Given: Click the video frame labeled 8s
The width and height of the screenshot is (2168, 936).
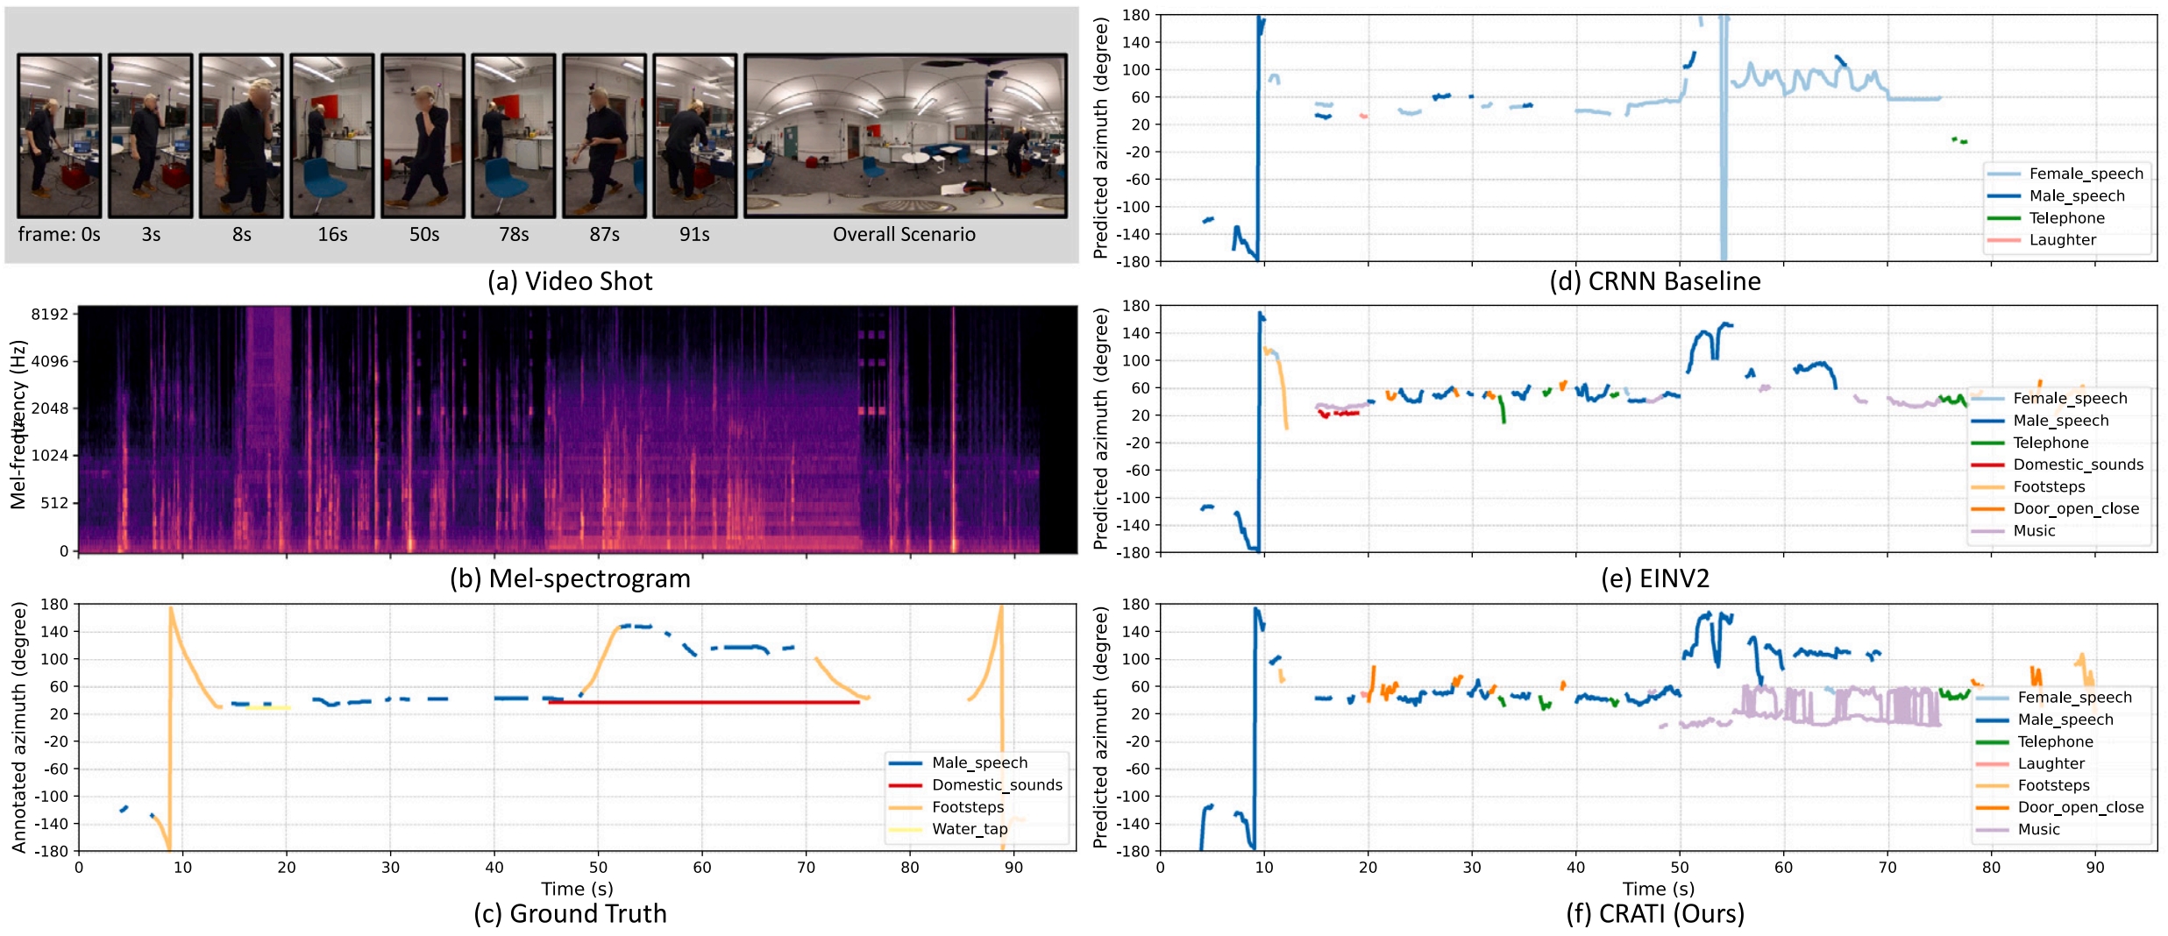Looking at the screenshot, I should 241,136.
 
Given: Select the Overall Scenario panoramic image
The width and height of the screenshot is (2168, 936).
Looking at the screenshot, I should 906,136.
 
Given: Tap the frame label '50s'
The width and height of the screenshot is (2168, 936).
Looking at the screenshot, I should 424,235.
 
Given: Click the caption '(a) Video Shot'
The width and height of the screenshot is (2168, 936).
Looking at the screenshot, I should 570,281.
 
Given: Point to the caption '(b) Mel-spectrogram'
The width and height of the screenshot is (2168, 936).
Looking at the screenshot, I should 570,578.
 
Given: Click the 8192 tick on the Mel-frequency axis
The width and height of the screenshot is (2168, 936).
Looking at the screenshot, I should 49,314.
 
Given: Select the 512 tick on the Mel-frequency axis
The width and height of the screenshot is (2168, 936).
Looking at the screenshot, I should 53,503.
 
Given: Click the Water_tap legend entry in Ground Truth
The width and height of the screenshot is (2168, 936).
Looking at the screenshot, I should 969,829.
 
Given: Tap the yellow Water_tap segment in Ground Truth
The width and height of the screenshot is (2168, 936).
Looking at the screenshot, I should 267,707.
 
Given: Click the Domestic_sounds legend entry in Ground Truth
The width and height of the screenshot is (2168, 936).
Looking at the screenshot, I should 996,785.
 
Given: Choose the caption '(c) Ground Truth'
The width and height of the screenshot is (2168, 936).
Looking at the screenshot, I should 570,914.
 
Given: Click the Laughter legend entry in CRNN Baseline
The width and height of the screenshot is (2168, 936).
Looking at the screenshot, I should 2062,240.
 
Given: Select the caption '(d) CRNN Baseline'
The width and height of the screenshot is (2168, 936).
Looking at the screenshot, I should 1654,281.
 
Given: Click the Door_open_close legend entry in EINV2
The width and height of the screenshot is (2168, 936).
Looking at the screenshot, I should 2075,509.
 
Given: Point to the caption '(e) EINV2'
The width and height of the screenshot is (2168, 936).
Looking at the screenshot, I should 1654,578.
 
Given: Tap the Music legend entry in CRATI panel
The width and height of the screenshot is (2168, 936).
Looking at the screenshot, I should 2038,830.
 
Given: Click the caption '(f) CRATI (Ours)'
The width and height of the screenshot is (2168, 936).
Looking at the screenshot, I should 1654,914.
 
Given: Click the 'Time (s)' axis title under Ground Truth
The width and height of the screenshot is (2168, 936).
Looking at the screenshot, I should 577,889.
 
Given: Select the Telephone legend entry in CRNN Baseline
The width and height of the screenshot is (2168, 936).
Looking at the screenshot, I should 2066,218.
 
